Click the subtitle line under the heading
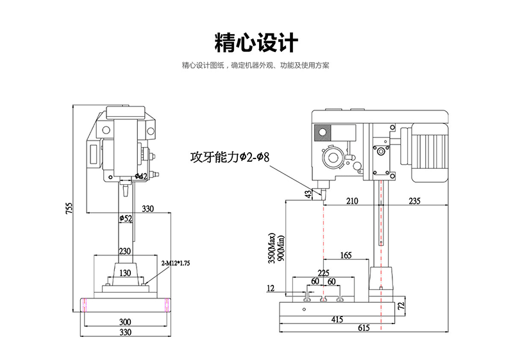point(256,65)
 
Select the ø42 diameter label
point(141,176)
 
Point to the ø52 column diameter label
point(126,219)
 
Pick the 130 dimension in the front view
point(126,273)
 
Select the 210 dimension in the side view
point(351,201)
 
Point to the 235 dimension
point(414,201)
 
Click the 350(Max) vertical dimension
point(272,247)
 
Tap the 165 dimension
point(346,255)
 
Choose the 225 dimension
point(324,272)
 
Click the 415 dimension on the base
point(337,319)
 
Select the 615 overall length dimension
point(364,328)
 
